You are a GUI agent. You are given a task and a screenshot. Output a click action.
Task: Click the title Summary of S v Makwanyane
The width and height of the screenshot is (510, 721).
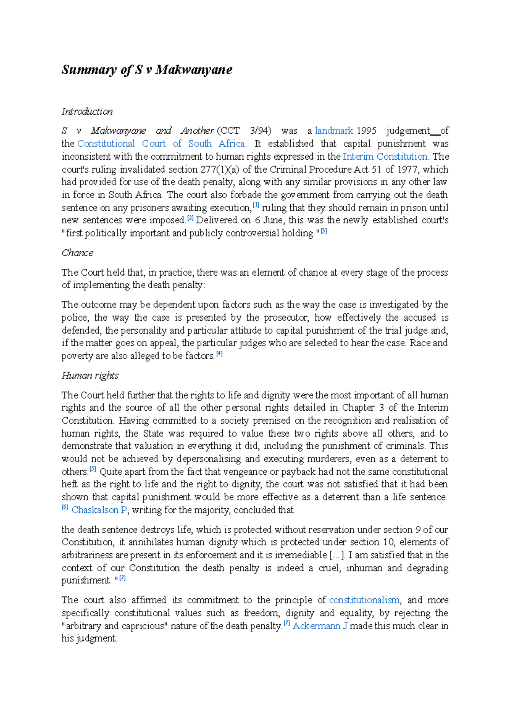(x=147, y=69)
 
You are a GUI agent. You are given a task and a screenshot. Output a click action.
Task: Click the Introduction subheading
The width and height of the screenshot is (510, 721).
(x=87, y=112)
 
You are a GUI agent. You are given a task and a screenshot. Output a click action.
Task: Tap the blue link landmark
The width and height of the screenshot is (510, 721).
(x=334, y=131)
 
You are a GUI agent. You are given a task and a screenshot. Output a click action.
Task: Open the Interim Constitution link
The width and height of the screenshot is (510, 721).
(x=385, y=156)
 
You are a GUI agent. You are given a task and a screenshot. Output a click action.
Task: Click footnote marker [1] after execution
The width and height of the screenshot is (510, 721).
(x=256, y=206)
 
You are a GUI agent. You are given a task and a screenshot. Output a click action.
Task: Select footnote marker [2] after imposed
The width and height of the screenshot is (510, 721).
(x=190, y=218)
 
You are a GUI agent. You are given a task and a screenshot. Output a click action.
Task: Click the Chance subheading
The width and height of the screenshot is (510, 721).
(x=77, y=253)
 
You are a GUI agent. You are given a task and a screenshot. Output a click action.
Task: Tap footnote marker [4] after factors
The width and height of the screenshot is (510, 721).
(x=219, y=354)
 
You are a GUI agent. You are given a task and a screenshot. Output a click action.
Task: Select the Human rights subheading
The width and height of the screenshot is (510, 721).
(x=90, y=375)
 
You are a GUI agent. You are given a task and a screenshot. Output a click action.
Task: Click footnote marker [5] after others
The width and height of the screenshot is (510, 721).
(x=93, y=470)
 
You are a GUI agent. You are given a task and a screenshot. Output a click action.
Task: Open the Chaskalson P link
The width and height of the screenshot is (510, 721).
(x=99, y=510)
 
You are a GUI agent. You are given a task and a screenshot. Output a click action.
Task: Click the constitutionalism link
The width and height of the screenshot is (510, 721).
(x=364, y=600)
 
